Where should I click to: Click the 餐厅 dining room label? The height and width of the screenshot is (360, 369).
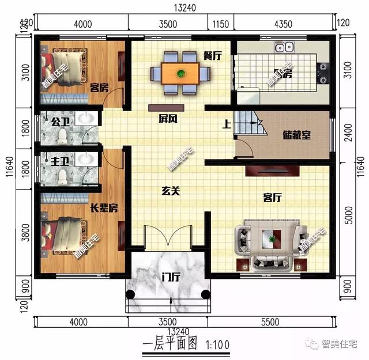click(212, 55)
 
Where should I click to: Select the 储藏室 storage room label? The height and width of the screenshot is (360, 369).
click(297, 135)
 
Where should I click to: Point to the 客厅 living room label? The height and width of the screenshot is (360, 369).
click(272, 198)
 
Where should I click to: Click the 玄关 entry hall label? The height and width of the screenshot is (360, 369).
click(170, 191)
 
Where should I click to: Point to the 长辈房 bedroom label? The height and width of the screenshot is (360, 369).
click(104, 208)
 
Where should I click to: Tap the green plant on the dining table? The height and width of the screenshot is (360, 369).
click(181, 73)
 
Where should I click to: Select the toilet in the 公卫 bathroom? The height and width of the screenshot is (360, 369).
click(63, 137)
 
